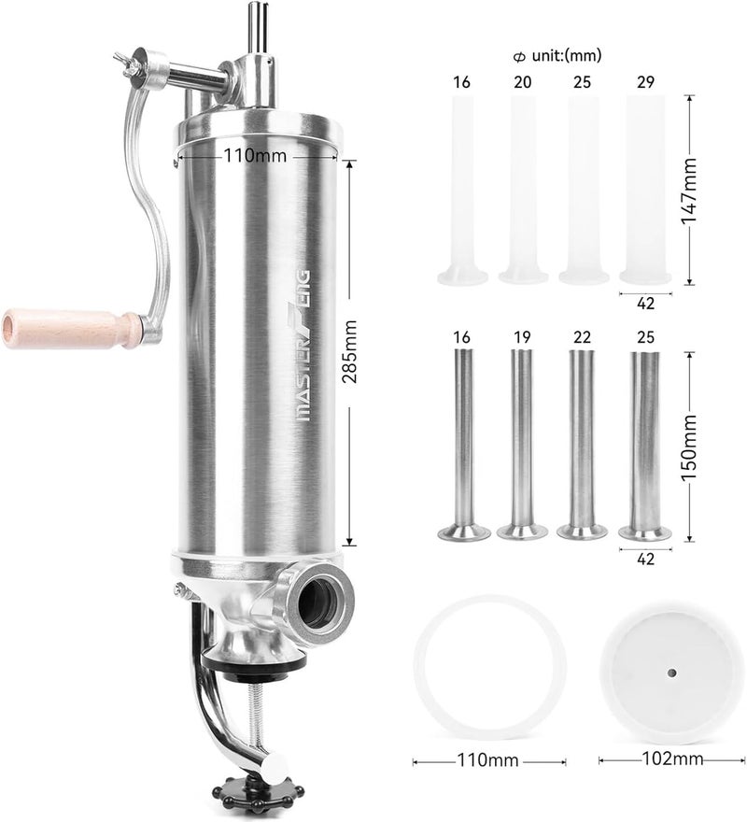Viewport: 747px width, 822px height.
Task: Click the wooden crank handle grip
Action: (70, 327)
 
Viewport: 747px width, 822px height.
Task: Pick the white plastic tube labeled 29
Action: (645, 187)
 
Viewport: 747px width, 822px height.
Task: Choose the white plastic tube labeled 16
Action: (463, 187)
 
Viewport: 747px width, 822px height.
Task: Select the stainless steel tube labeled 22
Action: (582, 439)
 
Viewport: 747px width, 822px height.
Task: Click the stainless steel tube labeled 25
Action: (644, 439)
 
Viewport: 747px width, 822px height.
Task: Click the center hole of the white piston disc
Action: (669, 671)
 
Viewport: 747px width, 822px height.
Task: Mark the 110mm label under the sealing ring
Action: (487, 759)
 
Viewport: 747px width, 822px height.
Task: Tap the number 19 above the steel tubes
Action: (523, 335)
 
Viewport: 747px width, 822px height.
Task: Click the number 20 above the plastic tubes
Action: (523, 82)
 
